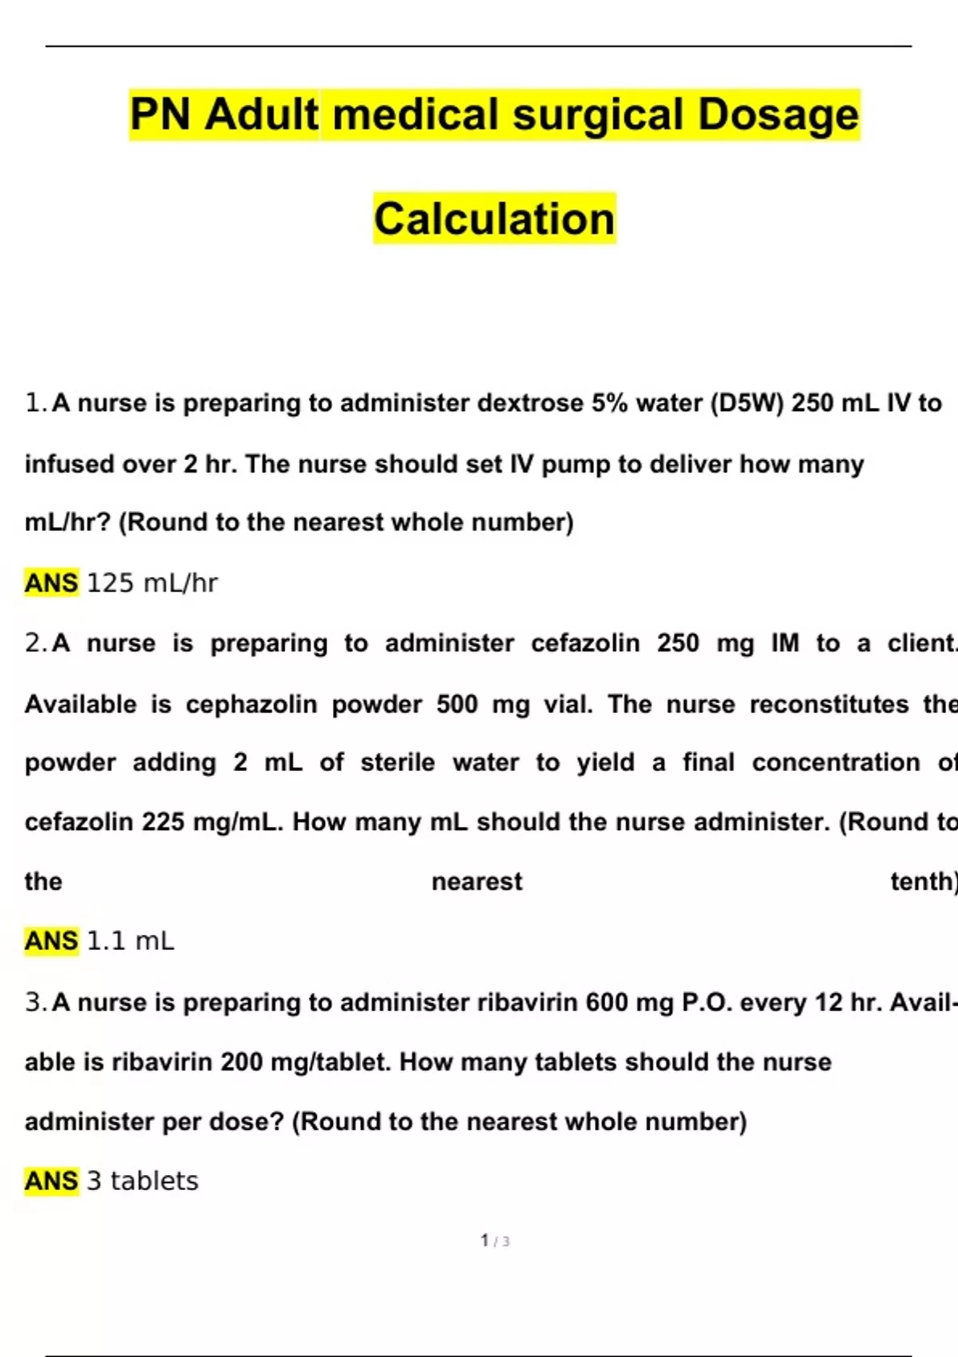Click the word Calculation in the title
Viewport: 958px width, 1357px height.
pyautogui.click(x=494, y=219)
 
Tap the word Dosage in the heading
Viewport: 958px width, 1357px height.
pyautogui.click(x=778, y=114)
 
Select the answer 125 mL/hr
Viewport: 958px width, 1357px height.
pyautogui.click(x=152, y=584)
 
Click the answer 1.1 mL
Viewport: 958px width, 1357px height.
pyautogui.click(x=130, y=941)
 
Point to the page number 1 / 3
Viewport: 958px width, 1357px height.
pyautogui.click(x=495, y=1240)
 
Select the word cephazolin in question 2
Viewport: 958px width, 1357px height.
pyautogui.click(x=251, y=704)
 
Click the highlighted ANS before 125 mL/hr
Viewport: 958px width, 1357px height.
pyautogui.click(x=52, y=584)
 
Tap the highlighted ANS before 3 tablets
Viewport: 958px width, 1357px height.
pyautogui.click(x=52, y=1181)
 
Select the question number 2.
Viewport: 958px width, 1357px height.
pyautogui.click(x=36, y=643)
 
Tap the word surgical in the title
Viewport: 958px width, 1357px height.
pyautogui.click(x=599, y=114)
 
